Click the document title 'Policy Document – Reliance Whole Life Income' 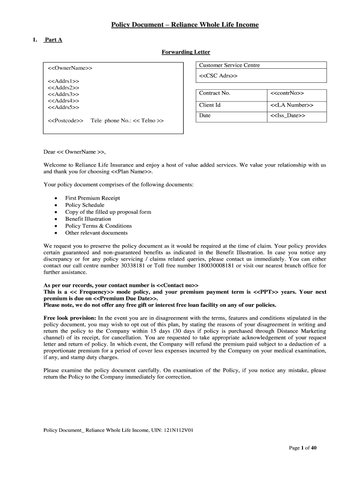point(184,24)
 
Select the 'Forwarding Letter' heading point(186,52)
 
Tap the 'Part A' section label point(53,40)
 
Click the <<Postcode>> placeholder point(65,121)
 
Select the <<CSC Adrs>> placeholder point(218,76)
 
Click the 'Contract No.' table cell point(215,93)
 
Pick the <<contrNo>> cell point(287,93)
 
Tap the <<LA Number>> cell point(292,105)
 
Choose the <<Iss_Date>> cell point(288,116)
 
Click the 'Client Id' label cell point(209,105)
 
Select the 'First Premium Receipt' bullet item point(93,198)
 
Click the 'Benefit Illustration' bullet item point(88,219)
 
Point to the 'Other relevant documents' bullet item point(96,232)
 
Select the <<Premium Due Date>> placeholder point(125,298)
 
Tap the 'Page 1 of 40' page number point(302,448)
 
